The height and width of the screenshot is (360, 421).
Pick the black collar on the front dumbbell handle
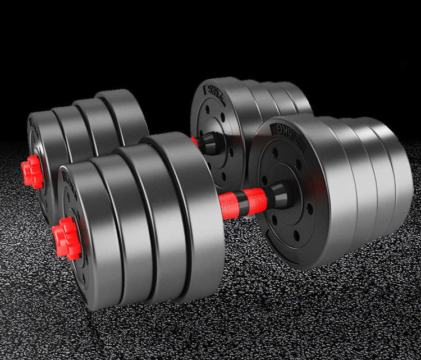click(x=275, y=195)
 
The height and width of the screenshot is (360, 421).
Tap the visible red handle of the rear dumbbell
click(x=195, y=142)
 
